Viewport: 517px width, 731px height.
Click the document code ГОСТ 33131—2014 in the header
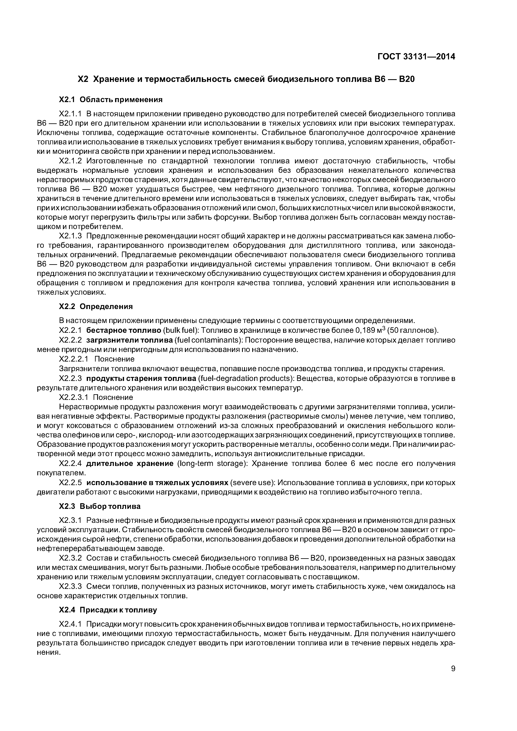416,57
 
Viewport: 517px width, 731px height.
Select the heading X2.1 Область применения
111,100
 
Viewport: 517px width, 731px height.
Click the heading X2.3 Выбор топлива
100,506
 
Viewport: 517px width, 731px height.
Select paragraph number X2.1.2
71,161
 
